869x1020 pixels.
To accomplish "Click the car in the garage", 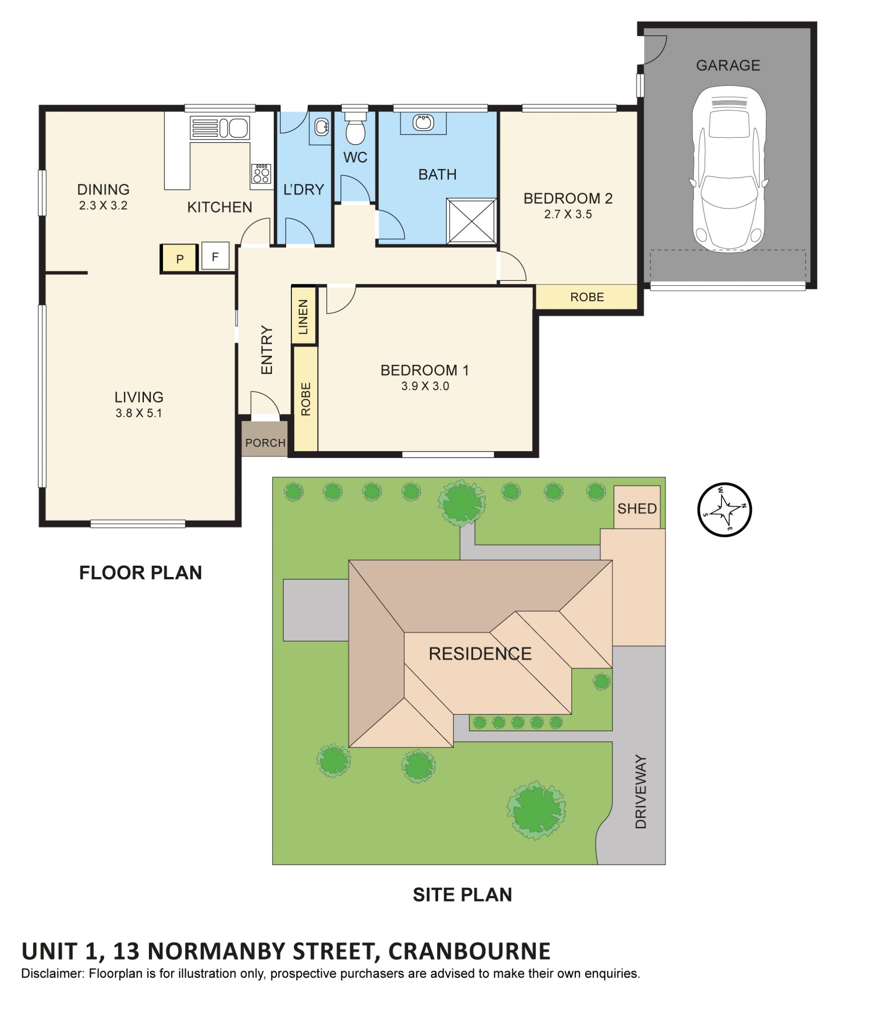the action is click(728, 169).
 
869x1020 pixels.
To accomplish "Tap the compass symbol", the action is click(724, 509).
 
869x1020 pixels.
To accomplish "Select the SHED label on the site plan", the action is click(636, 509).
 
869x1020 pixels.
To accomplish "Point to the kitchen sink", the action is click(220, 128).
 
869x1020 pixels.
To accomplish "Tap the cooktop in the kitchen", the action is click(261, 173).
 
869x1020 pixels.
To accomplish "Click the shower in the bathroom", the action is click(471, 221).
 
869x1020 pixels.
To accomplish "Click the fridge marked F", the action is click(215, 256).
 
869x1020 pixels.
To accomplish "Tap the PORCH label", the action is click(265, 443).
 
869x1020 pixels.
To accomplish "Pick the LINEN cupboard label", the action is click(303, 317).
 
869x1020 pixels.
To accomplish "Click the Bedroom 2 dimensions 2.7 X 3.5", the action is click(568, 214).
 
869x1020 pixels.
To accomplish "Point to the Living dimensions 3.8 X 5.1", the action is click(138, 413).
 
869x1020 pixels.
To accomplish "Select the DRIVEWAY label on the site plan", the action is click(640, 791).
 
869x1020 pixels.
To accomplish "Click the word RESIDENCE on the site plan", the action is click(480, 653).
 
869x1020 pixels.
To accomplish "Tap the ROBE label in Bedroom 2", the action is click(587, 297).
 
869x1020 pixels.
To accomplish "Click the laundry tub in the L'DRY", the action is click(320, 127).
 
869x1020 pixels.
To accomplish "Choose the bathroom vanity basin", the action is click(423, 122).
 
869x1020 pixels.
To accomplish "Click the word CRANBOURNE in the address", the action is click(469, 951).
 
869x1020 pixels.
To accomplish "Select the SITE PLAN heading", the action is click(462, 895).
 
